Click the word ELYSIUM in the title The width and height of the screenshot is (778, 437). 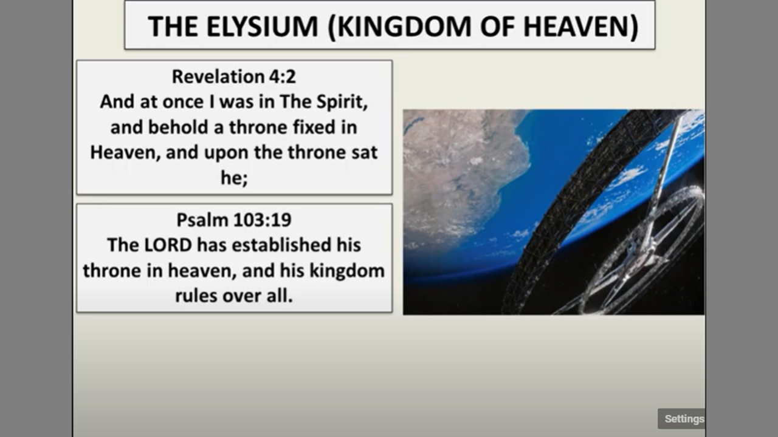(262, 26)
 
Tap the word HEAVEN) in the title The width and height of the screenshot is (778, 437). (580, 27)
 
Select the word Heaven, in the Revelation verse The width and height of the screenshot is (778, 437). (125, 153)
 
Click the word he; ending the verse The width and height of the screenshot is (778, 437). (234, 178)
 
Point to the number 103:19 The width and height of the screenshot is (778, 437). (263, 220)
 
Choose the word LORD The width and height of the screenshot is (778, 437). (168, 245)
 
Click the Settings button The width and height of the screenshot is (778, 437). (681, 419)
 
